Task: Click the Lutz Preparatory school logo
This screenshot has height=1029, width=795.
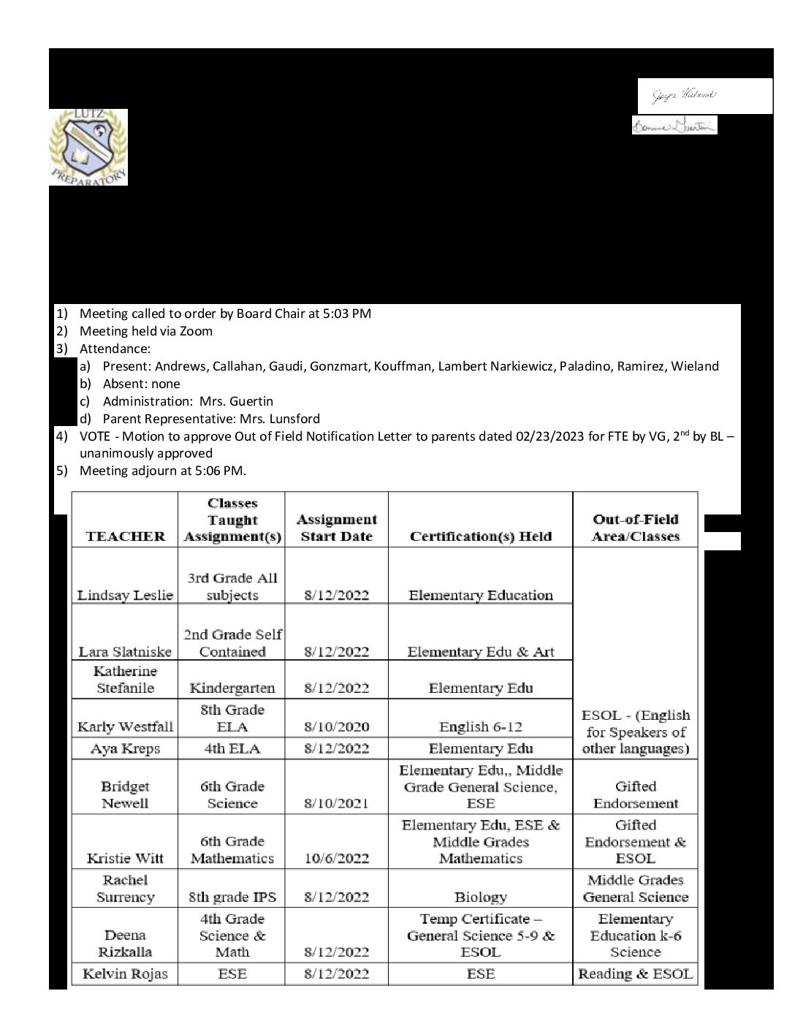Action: [x=88, y=147]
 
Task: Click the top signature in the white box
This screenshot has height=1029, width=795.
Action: [x=685, y=95]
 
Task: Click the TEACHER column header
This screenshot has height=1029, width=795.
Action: [x=125, y=536]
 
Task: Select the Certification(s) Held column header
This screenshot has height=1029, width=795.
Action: [x=480, y=536]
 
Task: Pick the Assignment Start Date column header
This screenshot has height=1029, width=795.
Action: [x=336, y=528]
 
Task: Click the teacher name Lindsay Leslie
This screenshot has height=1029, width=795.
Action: [x=125, y=595]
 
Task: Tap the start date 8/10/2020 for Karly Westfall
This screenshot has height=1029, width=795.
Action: [x=336, y=726]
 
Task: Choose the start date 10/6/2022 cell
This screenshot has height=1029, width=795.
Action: [x=336, y=858]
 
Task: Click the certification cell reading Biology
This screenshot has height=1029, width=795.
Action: [x=480, y=897]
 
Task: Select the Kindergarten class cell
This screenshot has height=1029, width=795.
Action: [x=232, y=688]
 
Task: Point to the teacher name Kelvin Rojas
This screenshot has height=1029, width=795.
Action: [x=125, y=973]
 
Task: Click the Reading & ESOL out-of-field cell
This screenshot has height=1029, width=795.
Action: [x=635, y=973]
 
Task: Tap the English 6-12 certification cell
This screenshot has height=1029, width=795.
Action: [x=480, y=726]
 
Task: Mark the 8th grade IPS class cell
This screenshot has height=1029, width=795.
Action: [x=232, y=897]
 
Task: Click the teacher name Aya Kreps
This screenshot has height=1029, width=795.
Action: [x=125, y=748]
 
